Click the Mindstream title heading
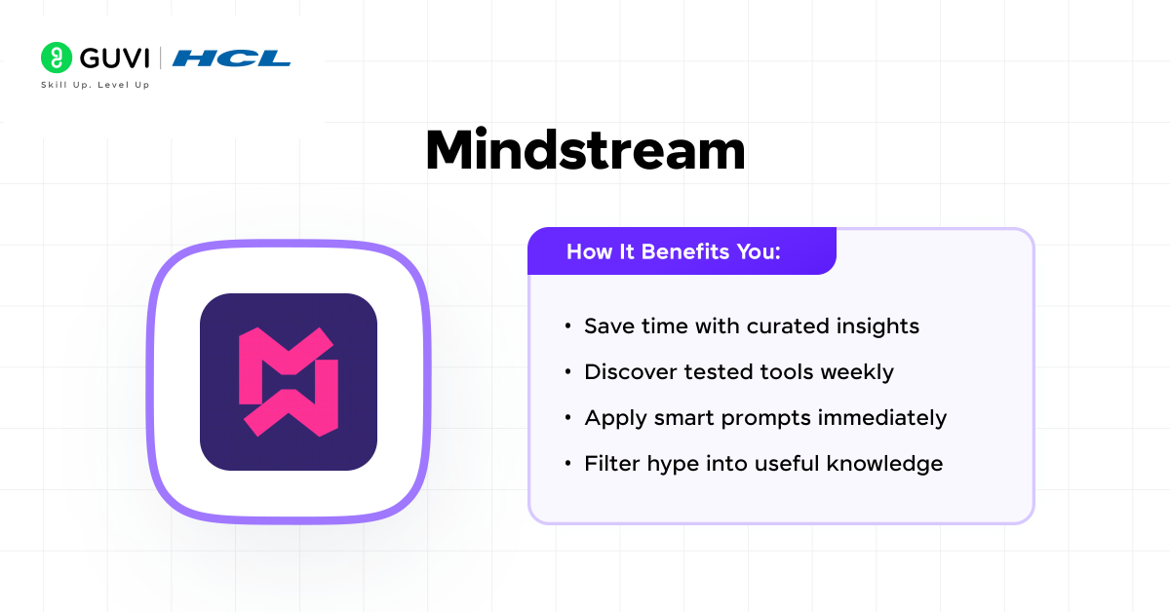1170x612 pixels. tap(585, 151)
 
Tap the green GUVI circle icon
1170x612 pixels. tap(57, 57)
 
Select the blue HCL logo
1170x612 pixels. tap(231, 58)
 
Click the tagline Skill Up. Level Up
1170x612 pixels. tap(95, 85)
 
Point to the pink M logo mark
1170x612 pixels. tap(288, 381)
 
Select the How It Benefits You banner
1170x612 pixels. tap(682, 251)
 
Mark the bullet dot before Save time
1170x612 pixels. tap(567, 326)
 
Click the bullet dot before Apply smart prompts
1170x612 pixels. tap(567, 418)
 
